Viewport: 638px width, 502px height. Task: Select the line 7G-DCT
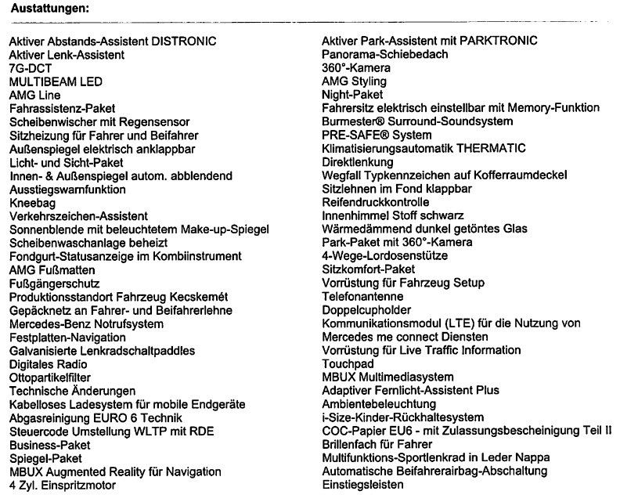31,68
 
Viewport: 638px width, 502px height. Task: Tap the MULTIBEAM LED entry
56,81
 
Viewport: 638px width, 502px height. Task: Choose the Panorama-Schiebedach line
385,54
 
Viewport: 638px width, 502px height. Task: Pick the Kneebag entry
32,203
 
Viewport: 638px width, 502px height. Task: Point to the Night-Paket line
352,95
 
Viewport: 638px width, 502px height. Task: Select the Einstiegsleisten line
363,485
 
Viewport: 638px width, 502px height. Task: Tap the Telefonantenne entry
363,297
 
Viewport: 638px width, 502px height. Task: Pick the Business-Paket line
50,445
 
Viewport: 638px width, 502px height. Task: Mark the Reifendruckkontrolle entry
376,202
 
